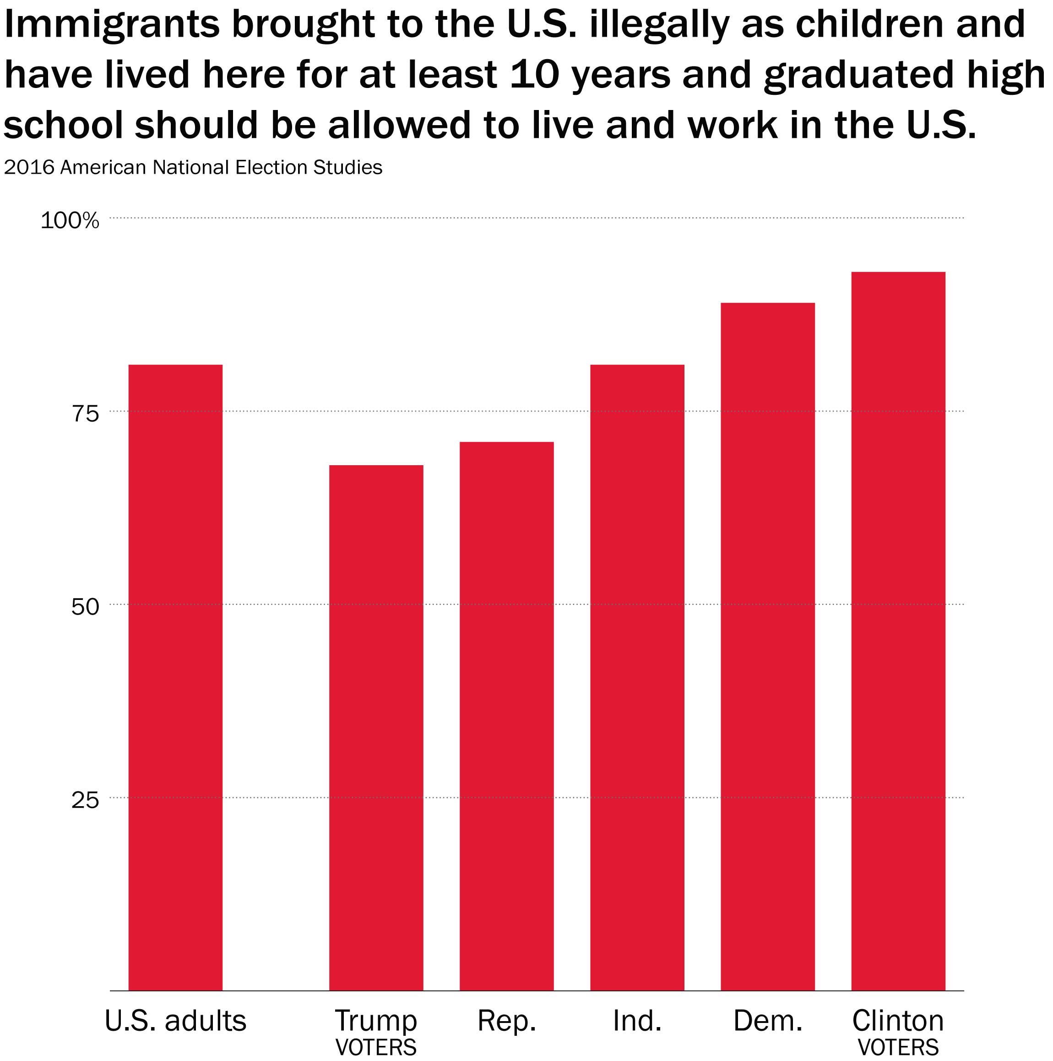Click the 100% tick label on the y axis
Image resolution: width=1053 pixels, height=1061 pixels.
tap(70, 221)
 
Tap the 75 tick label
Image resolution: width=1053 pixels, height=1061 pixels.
tap(85, 414)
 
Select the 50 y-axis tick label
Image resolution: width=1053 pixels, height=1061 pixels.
tap(85, 607)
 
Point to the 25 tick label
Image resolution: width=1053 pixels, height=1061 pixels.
tap(85, 800)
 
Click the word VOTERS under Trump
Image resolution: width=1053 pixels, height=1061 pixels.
tap(376, 1047)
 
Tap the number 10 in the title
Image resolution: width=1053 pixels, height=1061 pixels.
tap(533, 75)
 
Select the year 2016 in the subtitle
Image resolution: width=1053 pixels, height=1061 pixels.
tap(30, 167)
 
